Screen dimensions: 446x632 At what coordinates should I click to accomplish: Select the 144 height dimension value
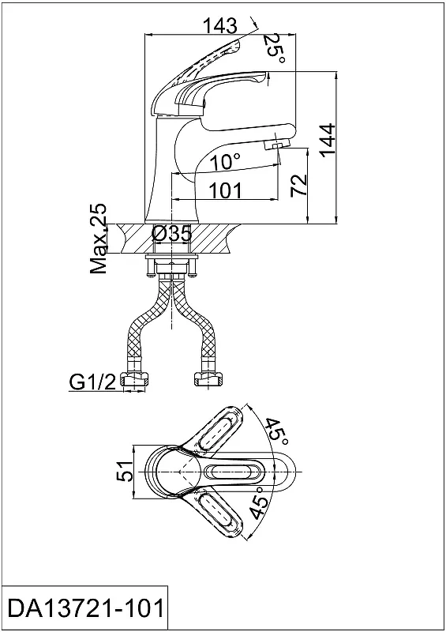[328, 140]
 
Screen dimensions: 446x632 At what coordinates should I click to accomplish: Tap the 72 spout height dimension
[299, 186]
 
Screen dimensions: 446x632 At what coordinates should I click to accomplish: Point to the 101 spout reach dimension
[226, 190]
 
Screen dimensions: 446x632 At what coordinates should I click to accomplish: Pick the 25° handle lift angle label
[275, 49]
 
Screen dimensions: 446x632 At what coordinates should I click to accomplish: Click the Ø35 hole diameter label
[172, 234]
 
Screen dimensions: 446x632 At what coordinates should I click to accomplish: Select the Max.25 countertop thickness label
[99, 239]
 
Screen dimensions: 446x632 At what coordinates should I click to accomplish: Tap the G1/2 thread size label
[93, 382]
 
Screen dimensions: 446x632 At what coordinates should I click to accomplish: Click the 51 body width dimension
[125, 471]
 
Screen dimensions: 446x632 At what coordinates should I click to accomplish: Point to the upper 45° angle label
[276, 432]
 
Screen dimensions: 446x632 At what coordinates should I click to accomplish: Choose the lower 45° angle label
[260, 502]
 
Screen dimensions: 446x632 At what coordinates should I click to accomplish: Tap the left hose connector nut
[134, 380]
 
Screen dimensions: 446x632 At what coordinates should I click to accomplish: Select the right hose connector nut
[208, 380]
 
